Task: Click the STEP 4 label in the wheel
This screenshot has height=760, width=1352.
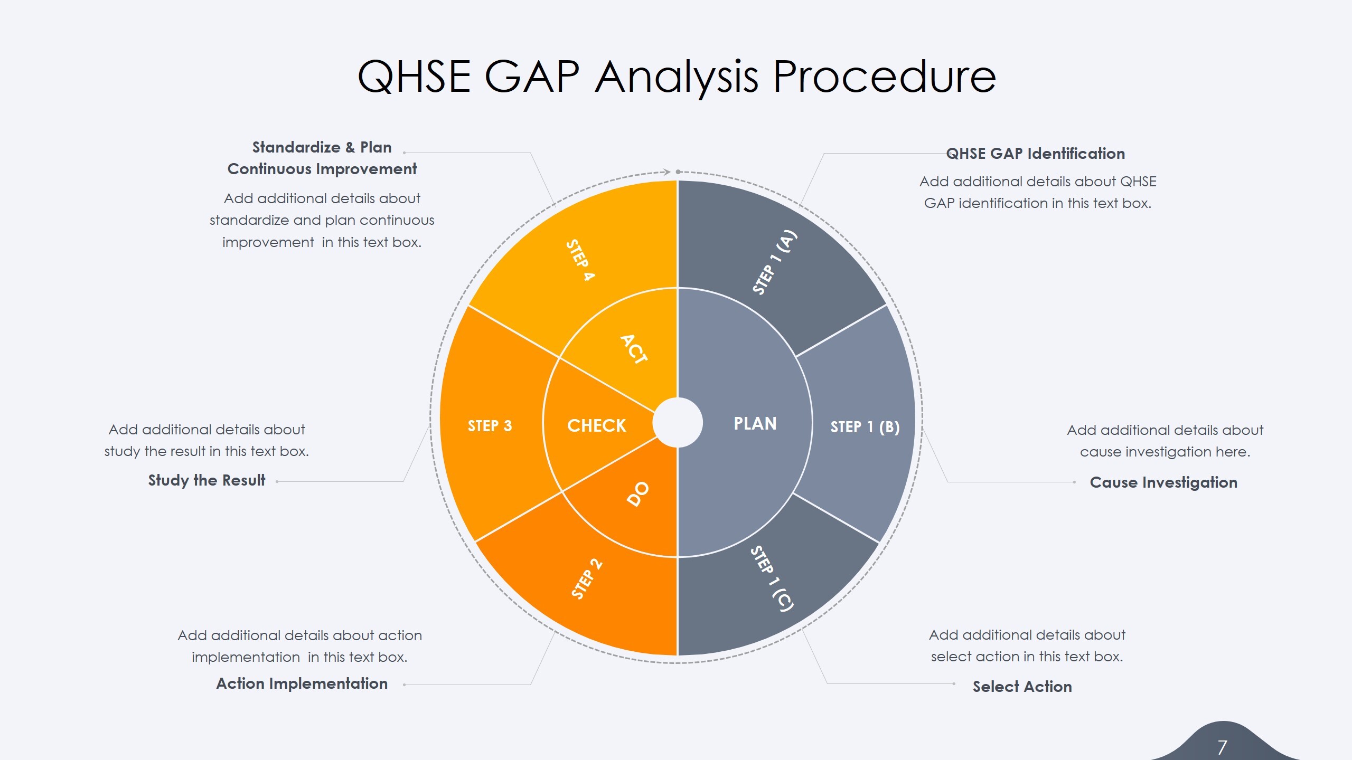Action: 580,260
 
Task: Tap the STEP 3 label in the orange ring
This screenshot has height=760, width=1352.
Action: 490,426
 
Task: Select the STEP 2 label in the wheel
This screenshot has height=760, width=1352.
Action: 586,579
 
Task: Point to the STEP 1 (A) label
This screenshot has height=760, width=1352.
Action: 774,262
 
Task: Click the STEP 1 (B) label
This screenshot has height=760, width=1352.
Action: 865,427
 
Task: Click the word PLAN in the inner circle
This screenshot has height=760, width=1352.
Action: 755,424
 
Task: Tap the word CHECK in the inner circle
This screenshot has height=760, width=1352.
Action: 596,425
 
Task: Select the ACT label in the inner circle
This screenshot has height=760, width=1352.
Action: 634,349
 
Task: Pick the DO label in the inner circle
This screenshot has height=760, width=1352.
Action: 638,494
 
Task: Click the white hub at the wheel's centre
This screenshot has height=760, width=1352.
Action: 678,422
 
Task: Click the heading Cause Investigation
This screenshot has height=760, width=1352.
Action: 1163,482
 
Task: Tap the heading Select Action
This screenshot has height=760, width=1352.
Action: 1022,687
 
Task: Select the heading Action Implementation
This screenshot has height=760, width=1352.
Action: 302,683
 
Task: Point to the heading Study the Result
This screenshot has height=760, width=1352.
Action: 206,480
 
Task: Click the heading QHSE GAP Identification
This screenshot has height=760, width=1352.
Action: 1035,154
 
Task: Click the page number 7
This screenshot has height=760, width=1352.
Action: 1222,747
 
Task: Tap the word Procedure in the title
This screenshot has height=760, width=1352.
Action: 884,77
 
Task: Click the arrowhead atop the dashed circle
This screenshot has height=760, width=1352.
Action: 667,172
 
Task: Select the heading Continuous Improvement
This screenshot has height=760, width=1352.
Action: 322,169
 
